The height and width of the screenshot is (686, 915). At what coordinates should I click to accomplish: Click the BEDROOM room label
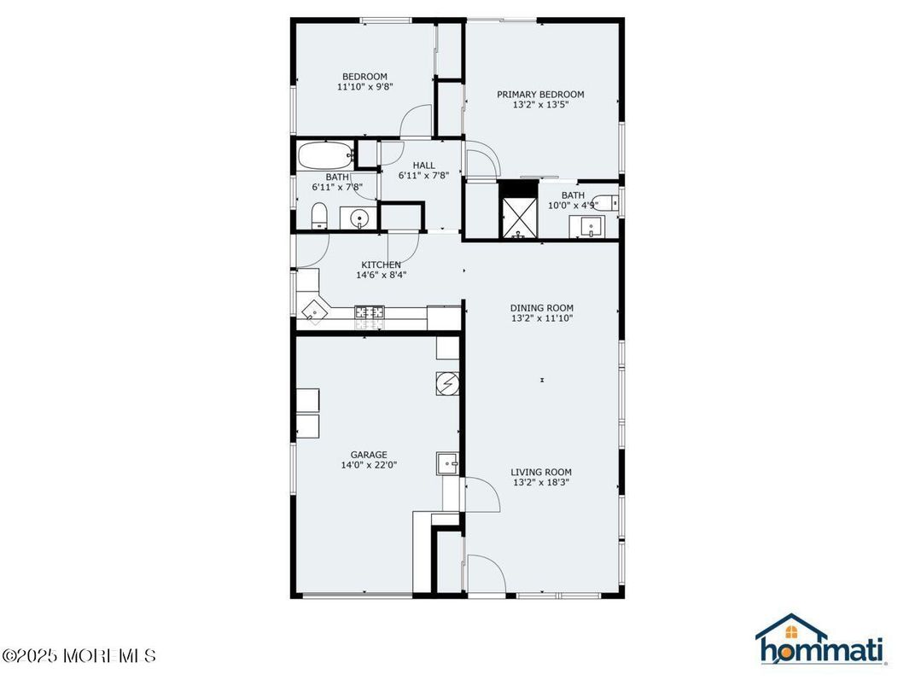(x=365, y=77)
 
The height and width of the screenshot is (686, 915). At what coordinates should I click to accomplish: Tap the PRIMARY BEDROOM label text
(x=540, y=95)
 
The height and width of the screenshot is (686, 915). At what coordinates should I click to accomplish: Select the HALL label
(x=423, y=166)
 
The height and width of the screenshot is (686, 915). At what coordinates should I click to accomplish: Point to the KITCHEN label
(x=381, y=265)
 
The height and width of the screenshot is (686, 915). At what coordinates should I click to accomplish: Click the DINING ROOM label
(x=541, y=308)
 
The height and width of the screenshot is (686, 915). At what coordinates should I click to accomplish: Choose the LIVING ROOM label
(x=541, y=472)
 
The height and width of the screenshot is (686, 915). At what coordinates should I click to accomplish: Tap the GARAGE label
(x=369, y=455)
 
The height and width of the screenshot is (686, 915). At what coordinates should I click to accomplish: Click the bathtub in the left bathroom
(x=325, y=156)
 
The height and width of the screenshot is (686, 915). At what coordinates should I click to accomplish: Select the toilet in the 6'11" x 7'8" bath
(x=318, y=216)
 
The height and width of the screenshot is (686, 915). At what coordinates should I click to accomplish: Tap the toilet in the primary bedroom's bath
(x=606, y=203)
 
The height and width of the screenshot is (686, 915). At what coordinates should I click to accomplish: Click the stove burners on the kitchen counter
(x=370, y=317)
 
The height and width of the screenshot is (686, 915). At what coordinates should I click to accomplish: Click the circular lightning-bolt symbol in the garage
(x=448, y=385)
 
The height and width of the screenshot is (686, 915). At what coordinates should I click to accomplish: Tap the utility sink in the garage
(x=448, y=462)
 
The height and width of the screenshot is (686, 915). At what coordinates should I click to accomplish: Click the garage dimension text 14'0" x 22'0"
(x=369, y=465)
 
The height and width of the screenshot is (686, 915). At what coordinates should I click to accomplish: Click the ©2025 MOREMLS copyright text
(x=79, y=656)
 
